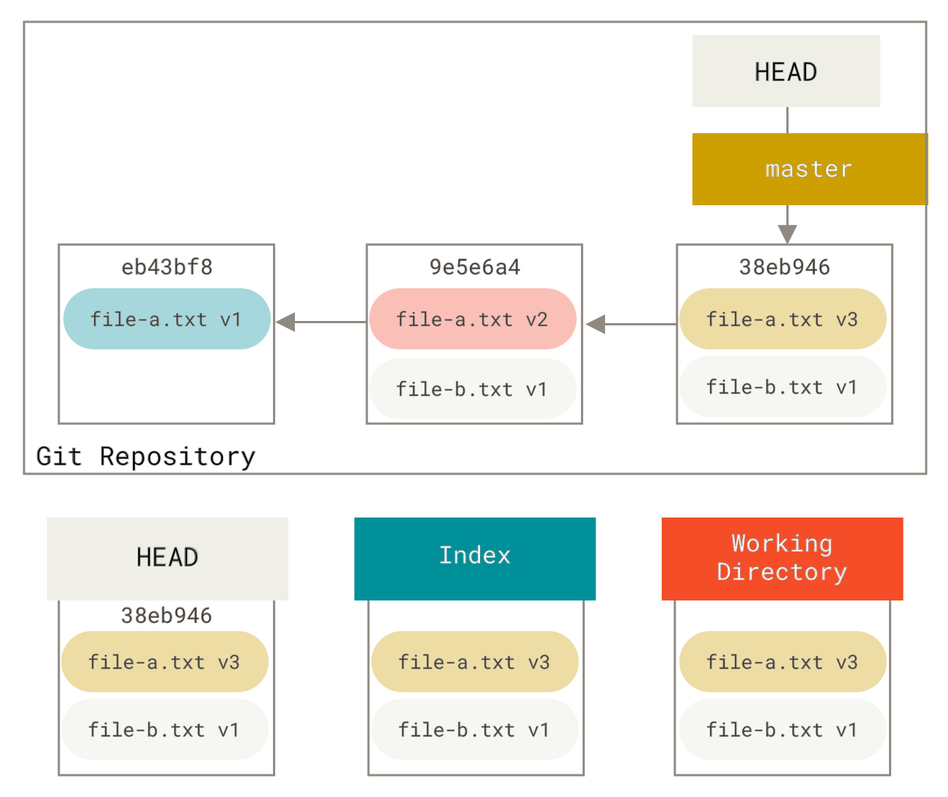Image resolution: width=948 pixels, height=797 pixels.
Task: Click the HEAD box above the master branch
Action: [786, 71]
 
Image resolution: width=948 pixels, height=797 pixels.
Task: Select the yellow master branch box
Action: [809, 169]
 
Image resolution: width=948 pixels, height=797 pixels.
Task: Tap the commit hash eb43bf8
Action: [167, 267]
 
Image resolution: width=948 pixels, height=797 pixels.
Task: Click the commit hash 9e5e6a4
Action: [475, 267]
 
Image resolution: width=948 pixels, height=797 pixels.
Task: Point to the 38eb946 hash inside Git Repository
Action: [784, 267]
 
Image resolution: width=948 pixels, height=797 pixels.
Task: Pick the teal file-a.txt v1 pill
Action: [167, 319]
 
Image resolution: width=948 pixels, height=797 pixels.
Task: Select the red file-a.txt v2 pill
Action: [473, 319]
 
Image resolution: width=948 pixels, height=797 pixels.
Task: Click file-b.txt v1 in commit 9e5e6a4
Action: [473, 389]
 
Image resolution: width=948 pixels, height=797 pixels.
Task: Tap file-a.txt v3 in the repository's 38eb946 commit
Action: [783, 319]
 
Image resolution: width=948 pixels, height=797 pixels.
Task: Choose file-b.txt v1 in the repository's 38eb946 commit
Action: [783, 386]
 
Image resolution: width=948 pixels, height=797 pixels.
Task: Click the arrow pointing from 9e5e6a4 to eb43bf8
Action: [320, 322]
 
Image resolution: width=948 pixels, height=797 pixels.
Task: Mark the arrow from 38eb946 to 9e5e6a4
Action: [631, 324]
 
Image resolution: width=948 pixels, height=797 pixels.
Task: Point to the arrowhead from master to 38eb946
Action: [787, 233]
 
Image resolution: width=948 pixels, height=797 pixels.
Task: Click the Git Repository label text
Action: [146, 456]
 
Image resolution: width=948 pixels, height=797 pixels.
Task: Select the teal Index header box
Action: [475, 558]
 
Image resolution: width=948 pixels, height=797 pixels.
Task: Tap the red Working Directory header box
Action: [782, 558]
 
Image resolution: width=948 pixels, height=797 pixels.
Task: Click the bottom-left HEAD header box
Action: [167, 558]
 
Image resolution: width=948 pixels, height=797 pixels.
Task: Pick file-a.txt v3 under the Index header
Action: [475, 662]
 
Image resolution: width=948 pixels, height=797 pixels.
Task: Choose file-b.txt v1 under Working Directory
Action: [783, 729]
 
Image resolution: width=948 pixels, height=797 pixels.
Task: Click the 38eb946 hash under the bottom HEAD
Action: [167, 616]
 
